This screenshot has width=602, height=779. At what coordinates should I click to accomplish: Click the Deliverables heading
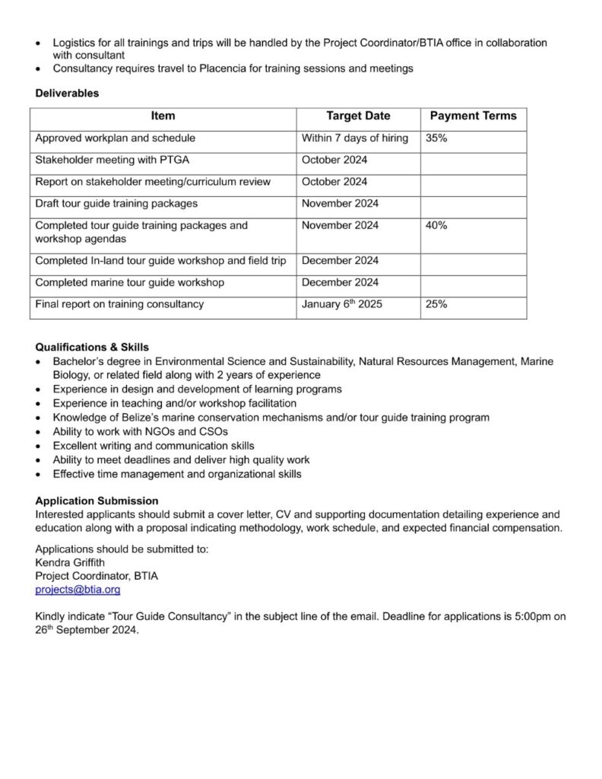(67, 94)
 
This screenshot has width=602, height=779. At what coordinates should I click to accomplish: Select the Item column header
(163, 116)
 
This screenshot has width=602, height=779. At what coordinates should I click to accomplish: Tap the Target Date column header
(358, 116)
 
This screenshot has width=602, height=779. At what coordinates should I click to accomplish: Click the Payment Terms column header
(473, 116)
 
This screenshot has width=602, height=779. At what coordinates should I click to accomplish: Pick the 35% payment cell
(436, 138)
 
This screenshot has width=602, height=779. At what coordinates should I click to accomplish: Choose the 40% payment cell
(436, 225)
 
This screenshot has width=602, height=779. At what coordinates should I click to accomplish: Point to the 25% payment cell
(436, 304)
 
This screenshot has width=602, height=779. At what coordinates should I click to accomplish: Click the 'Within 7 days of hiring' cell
(354, 138)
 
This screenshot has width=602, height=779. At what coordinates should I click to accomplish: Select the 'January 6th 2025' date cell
(341, 304)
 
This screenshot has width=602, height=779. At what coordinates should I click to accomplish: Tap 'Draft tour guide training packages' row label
(116, 203)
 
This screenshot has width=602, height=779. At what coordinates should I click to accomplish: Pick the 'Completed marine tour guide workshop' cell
(129, 282)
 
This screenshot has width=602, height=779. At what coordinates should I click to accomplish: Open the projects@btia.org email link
(78, 590)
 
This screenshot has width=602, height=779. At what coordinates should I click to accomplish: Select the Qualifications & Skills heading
(92, 347)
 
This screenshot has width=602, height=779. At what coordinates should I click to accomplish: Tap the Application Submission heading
(97, 501)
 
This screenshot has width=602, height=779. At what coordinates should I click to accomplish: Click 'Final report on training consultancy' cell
(119, 304)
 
